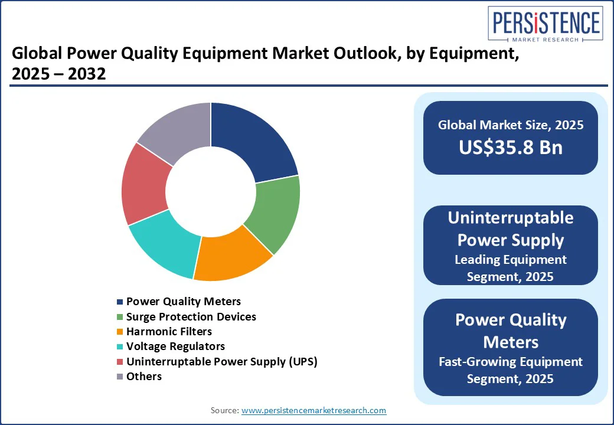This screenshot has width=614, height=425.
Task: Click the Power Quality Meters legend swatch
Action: (120, 302)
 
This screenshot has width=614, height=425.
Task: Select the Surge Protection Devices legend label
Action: (191, 316)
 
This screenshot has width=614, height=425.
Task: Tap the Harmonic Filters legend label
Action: (169, 332)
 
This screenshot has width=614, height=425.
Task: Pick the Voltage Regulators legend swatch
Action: (120, 346)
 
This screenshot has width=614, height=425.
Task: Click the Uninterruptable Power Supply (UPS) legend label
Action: (221, 362)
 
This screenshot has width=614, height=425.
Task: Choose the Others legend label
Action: (144, 377)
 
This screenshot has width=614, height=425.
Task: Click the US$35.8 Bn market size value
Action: (511, 148)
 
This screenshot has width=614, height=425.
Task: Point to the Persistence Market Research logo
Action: (546, 24)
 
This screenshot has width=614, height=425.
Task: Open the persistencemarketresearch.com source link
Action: (313, 410)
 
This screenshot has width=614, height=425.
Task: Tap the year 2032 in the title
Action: (87, 74)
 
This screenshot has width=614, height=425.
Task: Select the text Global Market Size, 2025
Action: (511, 125)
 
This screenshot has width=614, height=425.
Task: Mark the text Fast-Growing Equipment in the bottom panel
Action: (511, 362)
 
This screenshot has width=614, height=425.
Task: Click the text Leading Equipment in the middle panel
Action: (511, 260)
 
